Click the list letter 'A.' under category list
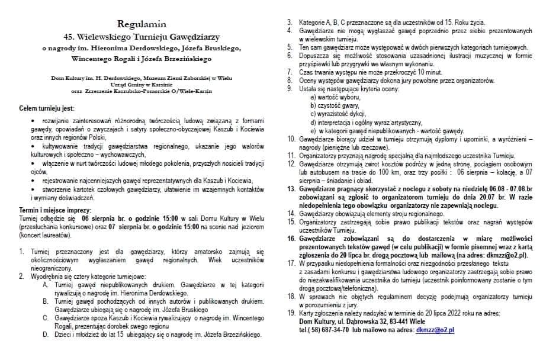(47, 284)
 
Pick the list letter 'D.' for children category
(47, 335)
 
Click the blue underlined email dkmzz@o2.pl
(435, 330)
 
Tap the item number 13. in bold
(291, 189)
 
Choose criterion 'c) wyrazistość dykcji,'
(340, 113)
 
